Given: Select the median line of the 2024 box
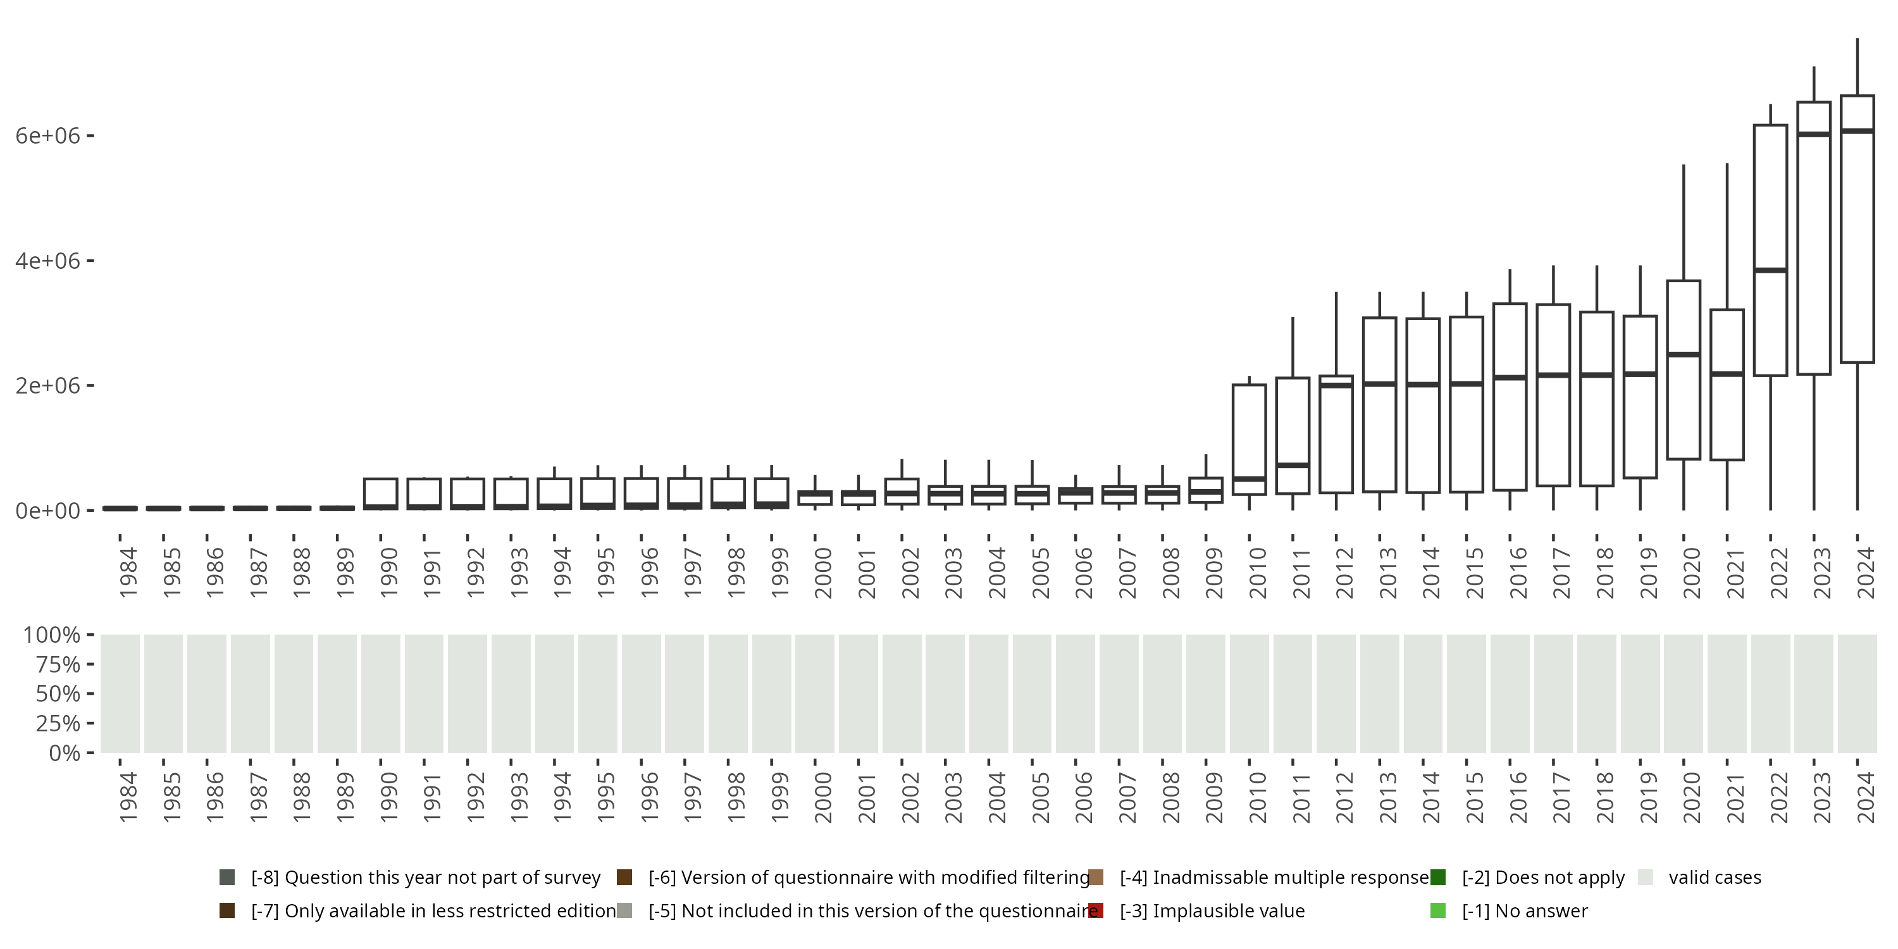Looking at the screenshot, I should pos(1857,131).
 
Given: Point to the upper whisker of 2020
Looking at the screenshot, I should pos(1684,221).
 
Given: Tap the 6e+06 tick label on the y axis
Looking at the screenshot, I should pos(47,136).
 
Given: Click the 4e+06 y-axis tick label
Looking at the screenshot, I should pos(47,261).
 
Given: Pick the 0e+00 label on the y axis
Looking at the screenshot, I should pos(47,511).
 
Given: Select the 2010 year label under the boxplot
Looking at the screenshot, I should pos(1258,572).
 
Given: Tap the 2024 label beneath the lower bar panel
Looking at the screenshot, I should pos(1866,797).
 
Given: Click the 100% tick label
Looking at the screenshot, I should pos(52,635).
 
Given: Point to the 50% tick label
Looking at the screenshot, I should pos(58,694).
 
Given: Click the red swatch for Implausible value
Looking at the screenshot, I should pos(1096,910).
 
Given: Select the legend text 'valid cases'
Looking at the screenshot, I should pos(1715,878).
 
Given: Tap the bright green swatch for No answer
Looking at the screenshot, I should pos(1437,910).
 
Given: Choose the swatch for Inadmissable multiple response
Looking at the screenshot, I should pos(1096,878).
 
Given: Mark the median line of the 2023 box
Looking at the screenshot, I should pos(1813,134).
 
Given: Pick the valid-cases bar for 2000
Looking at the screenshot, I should pos(814,693).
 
